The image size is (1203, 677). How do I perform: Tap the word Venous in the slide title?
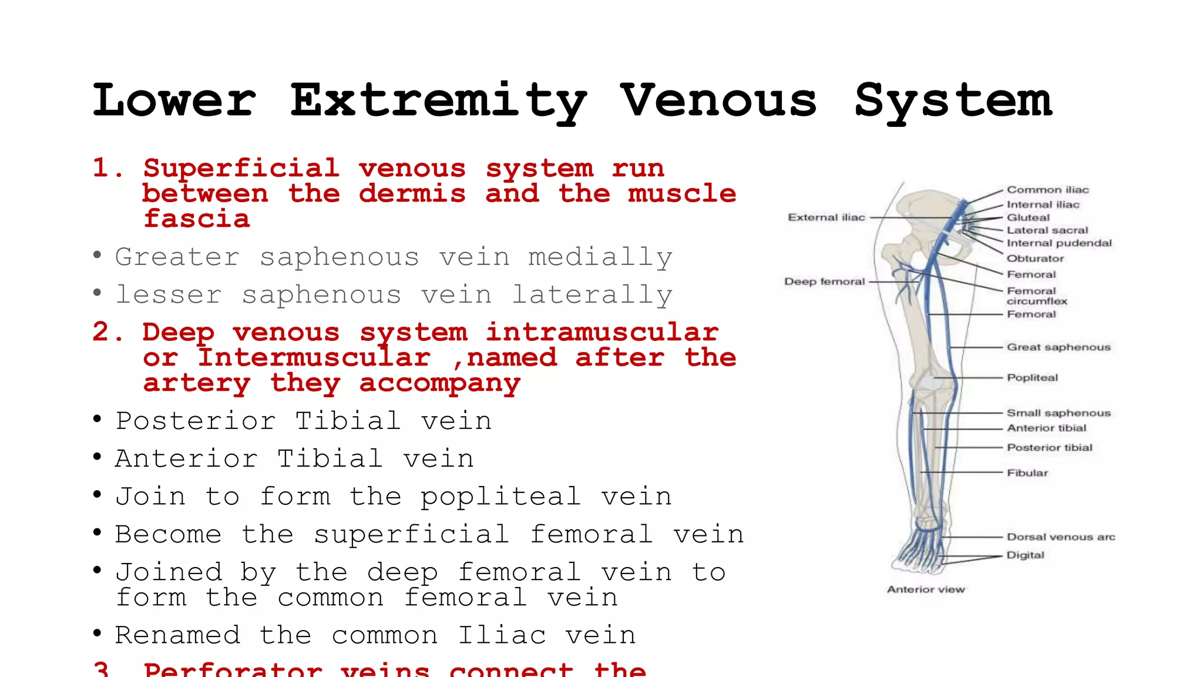pos(718,100)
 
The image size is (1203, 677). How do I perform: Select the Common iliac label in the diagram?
pos(1047,190)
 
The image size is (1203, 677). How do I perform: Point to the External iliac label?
pos(826,217)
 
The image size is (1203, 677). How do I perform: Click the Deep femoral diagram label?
pos(824,281)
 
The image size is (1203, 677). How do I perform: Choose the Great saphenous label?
pos(1058,347)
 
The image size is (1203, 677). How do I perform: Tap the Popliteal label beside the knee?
pos(1032,377)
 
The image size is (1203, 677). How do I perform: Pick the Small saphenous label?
pos(1058,413)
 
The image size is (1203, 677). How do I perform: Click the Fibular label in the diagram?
pos(1027,473)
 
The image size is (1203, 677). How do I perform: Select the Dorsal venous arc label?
pos(1060,537)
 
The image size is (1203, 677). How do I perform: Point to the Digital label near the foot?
pos(1025,555)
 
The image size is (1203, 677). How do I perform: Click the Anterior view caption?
pos(926,589)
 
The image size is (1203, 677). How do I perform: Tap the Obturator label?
pos(1035,259)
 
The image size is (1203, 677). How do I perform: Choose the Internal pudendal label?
pos(1059,243)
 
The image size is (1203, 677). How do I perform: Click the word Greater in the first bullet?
pos(177,257)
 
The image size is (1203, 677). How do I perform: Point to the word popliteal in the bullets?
pos(500,497)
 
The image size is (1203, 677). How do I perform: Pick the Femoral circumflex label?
pos(1037,296)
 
